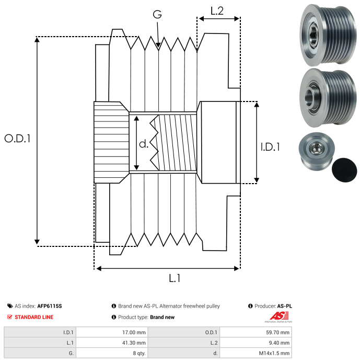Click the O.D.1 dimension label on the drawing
17,139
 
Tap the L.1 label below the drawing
174,279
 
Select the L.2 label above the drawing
217,10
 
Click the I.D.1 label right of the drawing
270,148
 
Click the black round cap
345,169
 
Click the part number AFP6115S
52,306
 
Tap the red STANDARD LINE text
33,317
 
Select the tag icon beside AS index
10,306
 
